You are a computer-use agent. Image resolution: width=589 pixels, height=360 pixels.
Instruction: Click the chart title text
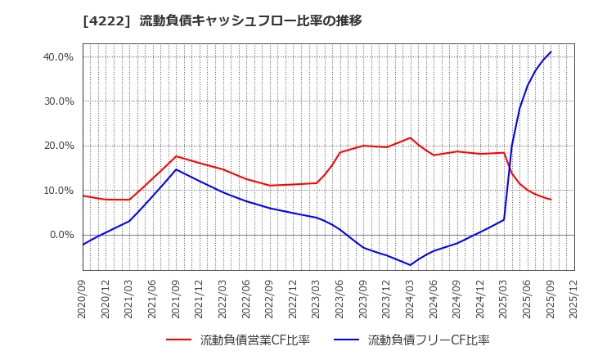[222, 20]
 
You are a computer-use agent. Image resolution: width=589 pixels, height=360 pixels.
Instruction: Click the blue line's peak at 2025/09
[551, 52]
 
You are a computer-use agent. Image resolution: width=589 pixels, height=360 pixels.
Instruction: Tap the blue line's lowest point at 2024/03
[410, 265]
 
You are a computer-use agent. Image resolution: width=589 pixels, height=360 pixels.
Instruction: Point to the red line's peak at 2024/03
[410, 137]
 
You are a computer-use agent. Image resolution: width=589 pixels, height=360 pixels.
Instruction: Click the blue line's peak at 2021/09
[176, 169]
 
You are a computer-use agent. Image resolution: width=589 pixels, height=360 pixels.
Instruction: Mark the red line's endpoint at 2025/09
[551, 200]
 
